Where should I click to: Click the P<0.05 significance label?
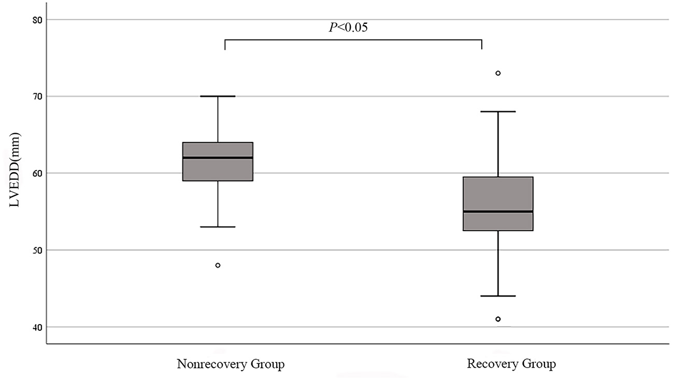348,27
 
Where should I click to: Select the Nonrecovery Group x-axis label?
231,364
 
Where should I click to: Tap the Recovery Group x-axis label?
511,364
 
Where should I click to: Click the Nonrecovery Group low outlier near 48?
218,265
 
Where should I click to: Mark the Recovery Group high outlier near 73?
498,73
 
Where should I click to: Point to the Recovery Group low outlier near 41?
498,319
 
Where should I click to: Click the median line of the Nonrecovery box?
218,158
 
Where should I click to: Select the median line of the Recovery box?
498,212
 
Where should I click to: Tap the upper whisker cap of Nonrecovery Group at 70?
218,96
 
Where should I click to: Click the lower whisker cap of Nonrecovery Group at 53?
218,227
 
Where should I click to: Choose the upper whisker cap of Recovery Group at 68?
498,111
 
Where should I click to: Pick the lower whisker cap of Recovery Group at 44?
498,296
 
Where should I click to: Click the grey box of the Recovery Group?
498,194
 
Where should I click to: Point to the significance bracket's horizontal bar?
353,39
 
